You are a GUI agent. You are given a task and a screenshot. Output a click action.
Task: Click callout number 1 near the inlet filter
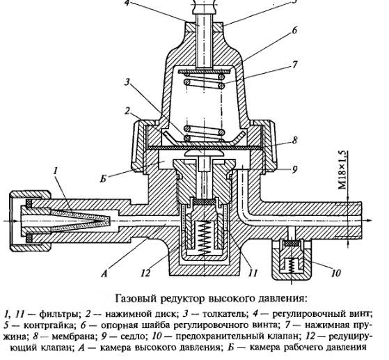(56, 171)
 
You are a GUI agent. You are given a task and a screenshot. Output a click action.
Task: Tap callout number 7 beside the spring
(294, 64)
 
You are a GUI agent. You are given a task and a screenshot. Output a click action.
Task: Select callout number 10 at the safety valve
(336, 273)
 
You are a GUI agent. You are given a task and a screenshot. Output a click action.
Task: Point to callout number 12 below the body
(145, 273)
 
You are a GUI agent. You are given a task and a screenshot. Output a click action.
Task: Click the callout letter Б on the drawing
(104, 178)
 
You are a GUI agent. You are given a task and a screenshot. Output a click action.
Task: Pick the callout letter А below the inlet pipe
(104, 274)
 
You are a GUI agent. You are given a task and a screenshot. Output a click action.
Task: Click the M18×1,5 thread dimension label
(342, 171)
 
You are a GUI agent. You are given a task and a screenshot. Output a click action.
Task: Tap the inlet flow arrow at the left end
(10, 221)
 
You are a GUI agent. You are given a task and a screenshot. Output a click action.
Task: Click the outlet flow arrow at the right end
(367, 221)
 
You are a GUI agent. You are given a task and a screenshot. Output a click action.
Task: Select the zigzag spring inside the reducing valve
(205, 237)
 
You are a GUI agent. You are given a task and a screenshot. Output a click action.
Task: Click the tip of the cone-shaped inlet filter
(108, 221)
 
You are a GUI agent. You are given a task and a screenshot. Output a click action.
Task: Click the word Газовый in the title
(135, 298)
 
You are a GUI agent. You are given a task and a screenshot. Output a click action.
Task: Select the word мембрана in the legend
(74, 336)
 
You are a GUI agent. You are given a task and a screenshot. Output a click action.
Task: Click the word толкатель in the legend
(225, 314)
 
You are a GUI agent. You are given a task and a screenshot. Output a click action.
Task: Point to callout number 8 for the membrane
(294, 141)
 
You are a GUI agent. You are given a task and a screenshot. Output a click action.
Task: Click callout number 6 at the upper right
(294, 30)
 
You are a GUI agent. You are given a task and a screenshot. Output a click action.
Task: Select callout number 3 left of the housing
(127, 82)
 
